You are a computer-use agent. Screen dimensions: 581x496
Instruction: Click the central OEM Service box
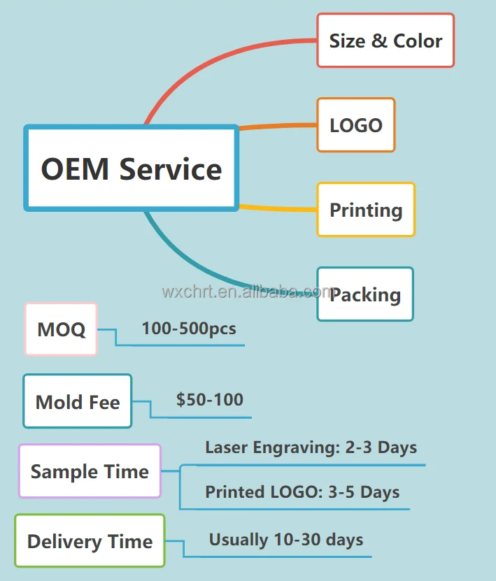point(132,168)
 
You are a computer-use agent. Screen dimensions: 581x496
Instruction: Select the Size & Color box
point(385,41)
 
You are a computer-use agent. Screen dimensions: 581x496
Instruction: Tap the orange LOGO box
point(356,125)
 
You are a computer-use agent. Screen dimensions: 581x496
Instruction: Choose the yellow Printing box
point(366,210)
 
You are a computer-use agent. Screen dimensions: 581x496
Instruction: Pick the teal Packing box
point(365,294)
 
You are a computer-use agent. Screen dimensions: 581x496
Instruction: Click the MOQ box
point(61,329)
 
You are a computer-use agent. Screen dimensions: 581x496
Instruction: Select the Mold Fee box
point(77,401)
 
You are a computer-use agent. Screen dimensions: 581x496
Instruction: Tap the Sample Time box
point(90,471)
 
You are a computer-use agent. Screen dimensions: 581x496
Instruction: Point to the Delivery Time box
point(90,540)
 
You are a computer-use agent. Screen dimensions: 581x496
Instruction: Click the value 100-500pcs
point(189,328)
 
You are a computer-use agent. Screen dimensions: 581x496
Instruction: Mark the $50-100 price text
point(210,400)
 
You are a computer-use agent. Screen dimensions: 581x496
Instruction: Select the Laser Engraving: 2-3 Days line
point(311,447)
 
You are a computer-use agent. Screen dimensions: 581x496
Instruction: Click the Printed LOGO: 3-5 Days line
point(302,492)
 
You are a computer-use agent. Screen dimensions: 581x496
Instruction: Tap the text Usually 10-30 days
point(286,540)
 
